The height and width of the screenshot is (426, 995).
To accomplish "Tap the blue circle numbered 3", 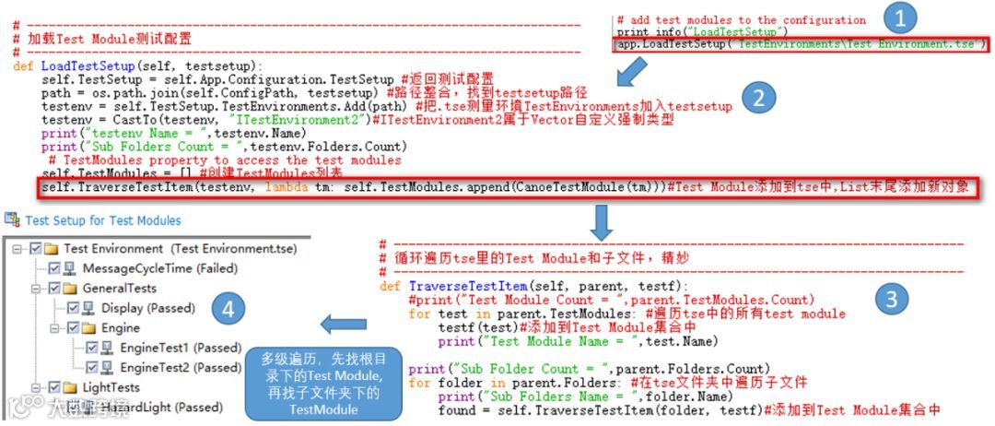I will pos(892,297).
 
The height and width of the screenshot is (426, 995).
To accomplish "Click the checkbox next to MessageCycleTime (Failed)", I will pos(54,268).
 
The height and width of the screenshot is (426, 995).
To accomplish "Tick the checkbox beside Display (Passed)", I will pos(73,308).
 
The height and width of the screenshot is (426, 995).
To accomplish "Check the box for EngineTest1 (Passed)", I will pos(91,348).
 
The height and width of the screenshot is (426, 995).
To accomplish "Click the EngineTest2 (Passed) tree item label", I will pos(181,367).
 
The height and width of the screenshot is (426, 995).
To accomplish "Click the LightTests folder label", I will pos(111,387).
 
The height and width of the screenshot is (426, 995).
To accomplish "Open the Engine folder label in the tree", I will pos(121,328).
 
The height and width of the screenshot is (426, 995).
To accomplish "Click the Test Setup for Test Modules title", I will pos(102,220).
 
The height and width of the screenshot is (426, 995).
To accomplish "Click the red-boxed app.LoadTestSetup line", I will pos(801,43).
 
